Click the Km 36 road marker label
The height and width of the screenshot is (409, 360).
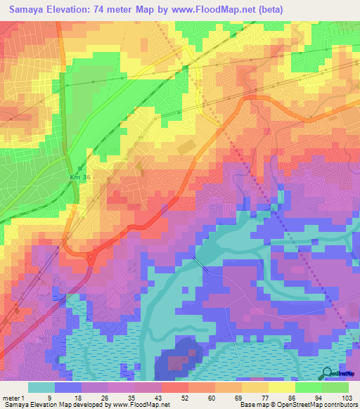tap(79, 178)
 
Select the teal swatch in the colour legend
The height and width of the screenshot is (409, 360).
tap(41, 387)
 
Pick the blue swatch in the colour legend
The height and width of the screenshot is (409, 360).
tap(68, 387)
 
